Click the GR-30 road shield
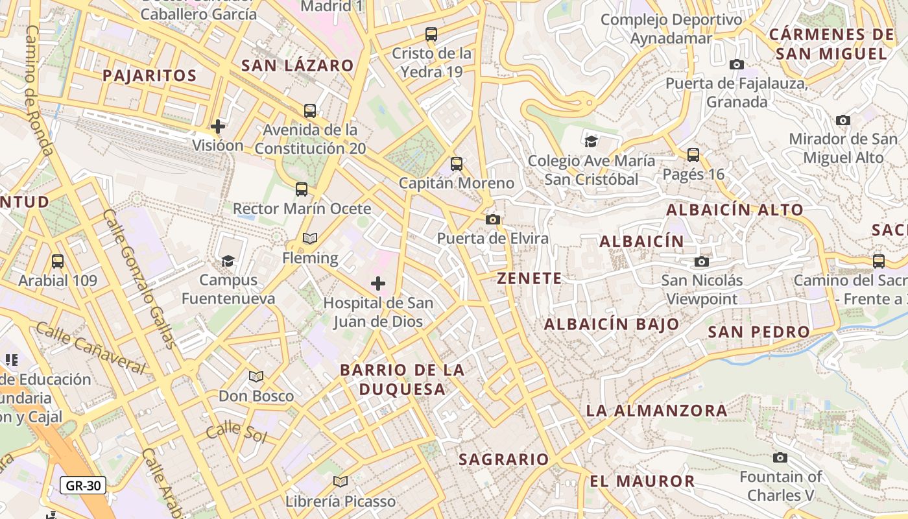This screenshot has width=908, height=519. tap(84, 485)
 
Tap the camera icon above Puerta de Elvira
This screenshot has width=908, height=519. tap(493, 219)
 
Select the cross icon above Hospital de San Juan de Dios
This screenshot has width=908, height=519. tap(378, 284)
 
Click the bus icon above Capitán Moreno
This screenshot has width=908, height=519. tap(457, 164)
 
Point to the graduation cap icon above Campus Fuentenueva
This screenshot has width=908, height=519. tap(228, 261)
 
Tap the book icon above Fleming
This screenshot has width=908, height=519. tap(310, 239)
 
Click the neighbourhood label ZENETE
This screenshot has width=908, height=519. tap(529, 278)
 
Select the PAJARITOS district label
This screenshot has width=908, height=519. tap(150, 75)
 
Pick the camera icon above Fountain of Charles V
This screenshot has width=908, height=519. tap(780, 457)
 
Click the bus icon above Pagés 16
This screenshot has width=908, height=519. tap(693, 155)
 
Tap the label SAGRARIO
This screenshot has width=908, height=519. tap(504, 459)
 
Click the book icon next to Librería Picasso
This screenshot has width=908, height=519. tap(340, 481)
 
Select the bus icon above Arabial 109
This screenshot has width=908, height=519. tap(58, 261)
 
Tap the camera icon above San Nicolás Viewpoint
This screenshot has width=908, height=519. tap(702, 261)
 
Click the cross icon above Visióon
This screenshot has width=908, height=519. tap(218, 126)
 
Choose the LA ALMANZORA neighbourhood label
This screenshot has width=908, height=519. tap(656, 410)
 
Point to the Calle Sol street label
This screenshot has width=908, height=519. tap(237, 431)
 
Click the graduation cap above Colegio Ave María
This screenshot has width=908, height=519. tap(591, 141)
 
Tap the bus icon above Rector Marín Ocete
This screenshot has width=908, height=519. tap(302, 189)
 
